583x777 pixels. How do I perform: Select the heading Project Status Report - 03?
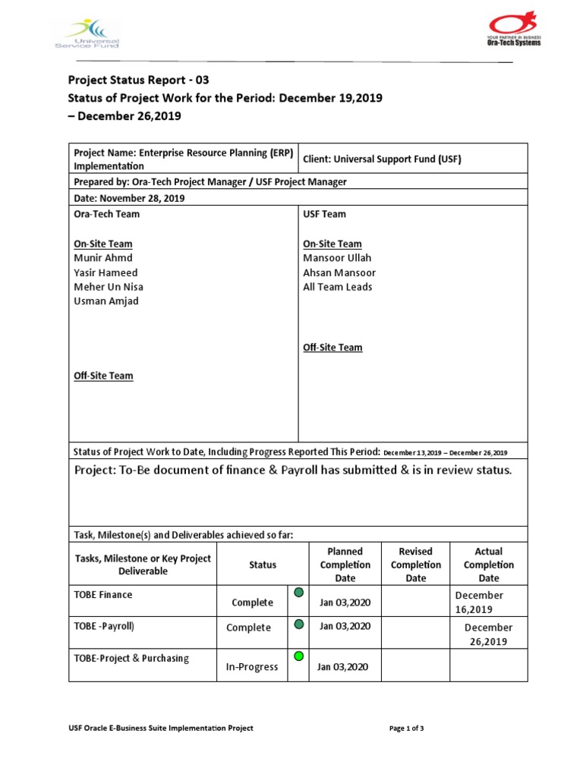[x=138, y=80]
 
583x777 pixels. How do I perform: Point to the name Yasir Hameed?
[x=106, y=272]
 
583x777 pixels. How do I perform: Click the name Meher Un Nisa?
[x=108, y=287]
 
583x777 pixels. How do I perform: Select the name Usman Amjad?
[x=106, y=301]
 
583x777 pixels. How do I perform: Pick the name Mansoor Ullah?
[x=337, y=258]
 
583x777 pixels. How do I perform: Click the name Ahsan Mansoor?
[x=339, y=272]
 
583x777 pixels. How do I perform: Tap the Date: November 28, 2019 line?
[x=129, y=198]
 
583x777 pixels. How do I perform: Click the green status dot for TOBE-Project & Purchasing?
[x=298, y=656]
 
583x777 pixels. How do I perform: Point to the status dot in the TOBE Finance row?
[x=298, y=592]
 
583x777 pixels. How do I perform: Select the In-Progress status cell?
[x=252, y=667]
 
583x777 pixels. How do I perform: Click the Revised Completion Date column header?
[x=415, y=565]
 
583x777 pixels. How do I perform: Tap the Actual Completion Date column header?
[x=488, y=565]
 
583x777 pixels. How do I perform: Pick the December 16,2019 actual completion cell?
[x=479, y=602]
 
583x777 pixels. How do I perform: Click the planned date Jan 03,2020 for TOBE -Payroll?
[x=345, y=626]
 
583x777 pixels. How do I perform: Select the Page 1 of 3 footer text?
[x=406, y=728]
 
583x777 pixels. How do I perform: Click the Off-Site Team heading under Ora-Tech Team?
[x=103, y=376]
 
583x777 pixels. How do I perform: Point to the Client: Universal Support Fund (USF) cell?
[x=382, y=159]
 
